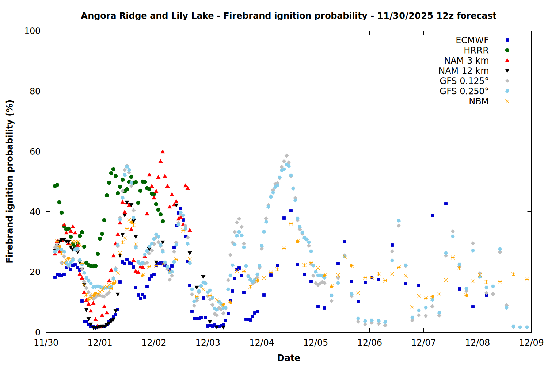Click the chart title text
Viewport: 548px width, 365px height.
click(x=289, y=16)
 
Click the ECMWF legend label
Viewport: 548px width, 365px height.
click(x=472, y=40)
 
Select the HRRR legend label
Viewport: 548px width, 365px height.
click(x=476, y=50)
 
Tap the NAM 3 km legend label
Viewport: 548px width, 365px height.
click(x=466, y=61)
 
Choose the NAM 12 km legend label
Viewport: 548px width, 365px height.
click(x=464, y=71)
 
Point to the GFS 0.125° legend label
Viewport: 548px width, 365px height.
click(x=464, y=81)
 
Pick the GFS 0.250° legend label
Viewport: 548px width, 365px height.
click(x=464, y=91)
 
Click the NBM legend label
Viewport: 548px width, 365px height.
click(x=479, y=101)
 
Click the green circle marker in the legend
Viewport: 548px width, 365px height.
click(x=507, y=50)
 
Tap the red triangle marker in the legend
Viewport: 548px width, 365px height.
click(x=507, y=61)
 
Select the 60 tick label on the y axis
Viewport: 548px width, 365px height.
click(x=35, y=151)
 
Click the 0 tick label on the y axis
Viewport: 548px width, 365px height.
click(x=38, y=332)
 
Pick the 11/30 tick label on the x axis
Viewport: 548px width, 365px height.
click(x=46, y=343)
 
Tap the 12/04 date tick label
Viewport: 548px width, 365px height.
click(x=262, y=343)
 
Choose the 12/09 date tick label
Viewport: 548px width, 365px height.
click(x=531, y=343)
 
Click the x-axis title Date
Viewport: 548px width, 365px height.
click(x=289, y=358)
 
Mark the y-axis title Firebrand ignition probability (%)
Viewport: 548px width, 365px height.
click(x=10, y=181)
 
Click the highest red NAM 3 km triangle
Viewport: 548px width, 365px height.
click(x=163, y=151)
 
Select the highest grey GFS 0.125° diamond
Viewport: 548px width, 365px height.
click(x=286, y=156)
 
